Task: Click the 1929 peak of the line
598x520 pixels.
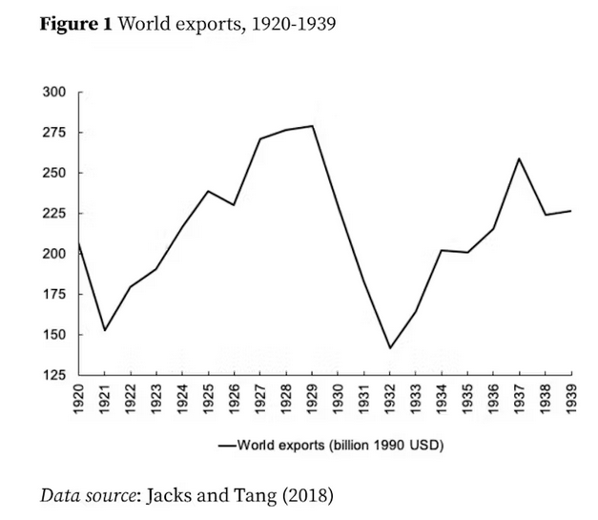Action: click(x=312, y=126)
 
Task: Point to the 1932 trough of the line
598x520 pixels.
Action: click(x=390, y=347)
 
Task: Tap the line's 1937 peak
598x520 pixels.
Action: click(x=519, y=158)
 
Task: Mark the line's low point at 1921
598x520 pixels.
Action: click(x=105, y=330)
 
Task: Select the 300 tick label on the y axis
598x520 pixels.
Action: click(x=54, y=93)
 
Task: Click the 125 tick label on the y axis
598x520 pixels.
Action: click(x=54, y=376)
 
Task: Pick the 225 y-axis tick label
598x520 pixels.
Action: click(x=54, y=214)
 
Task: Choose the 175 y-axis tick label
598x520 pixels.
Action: click(x=54, y=295)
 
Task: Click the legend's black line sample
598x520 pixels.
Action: click(x=226, y=445)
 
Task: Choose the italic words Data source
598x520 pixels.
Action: click(x=89, y=495)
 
